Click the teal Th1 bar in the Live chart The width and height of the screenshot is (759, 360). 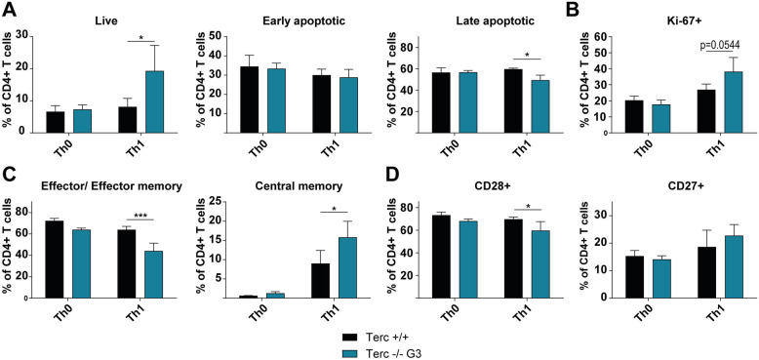click(x=154, y=101)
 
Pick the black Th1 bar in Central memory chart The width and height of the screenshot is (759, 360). click(x=320, y=281)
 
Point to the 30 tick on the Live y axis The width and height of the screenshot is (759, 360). click(x=21, y=37)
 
